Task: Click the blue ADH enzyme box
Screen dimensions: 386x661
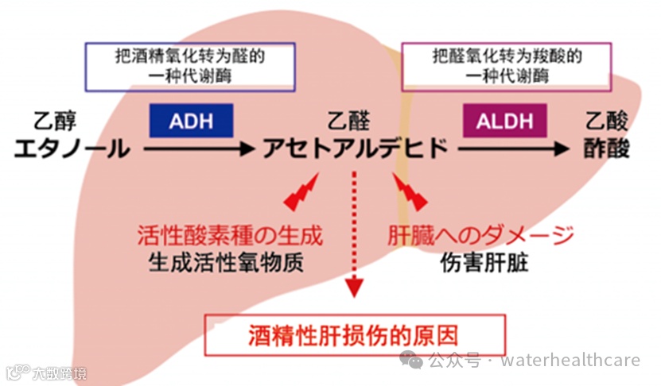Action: tap(191, 122)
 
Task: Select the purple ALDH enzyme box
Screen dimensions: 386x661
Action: tap(504, 122)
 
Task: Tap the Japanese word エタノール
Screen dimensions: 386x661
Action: tap(71, 149)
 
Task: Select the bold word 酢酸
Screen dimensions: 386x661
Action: tap(608, 149)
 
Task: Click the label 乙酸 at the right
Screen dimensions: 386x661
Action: tap(607, 122)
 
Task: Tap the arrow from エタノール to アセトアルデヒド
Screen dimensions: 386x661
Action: tap(198, 149)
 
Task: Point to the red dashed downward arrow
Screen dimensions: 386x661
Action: tap(352, 230)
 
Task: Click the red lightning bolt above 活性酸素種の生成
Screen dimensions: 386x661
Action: tap(301, 194)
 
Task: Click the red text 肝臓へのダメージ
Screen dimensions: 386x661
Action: tap(480, 236)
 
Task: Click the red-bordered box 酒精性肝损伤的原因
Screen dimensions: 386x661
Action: tap(355, 334)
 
